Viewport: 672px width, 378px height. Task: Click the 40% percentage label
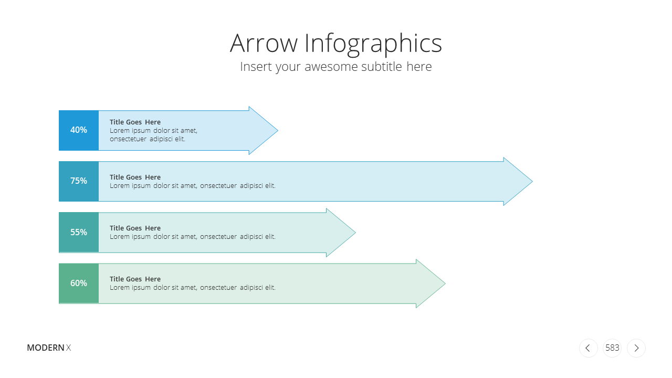[x=79, y=130]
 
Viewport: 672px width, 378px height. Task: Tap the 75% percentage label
[x=79, y=181]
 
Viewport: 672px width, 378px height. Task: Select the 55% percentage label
[x=79, y=232]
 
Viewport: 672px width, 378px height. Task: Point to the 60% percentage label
[x=79, y=283]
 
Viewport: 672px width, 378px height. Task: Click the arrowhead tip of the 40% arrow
[x=278, y=131]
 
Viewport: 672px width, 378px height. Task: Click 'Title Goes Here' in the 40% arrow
[x=135, y=122]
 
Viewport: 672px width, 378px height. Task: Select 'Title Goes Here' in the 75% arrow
[x=135, y=177]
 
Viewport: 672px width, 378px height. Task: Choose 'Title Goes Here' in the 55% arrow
[x=135, y=228]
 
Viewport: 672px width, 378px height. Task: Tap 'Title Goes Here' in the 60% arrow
[x=135, y=279]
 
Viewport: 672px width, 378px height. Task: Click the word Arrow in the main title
[x=264, y=43]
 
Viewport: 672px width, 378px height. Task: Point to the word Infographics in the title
[x=373, y=45]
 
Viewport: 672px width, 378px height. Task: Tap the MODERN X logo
[x=49, y=348]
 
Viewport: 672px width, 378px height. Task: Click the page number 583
[x=612, y=348]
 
